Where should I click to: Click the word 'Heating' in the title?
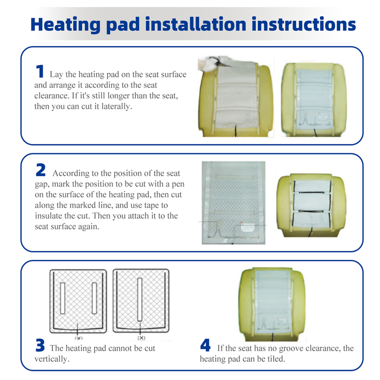[66, 24]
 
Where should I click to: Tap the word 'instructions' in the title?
[304, 24]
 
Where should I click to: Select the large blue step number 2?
[40, 170]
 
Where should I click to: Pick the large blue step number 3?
[40, 345]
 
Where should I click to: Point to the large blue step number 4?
[205, 345]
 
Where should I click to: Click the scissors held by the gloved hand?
[219, 62]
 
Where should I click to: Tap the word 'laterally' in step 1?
[116, 106]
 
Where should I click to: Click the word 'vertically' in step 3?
[52, 359]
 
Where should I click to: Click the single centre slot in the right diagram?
[140, 300]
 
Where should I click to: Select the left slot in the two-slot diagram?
[63, 298]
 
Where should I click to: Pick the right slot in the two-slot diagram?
[95, 298]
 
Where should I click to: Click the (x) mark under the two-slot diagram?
[78, 338]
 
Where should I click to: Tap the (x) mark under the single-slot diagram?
[141, 338]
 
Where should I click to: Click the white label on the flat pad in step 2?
[247, 228]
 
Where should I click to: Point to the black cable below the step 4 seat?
[273, 337]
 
